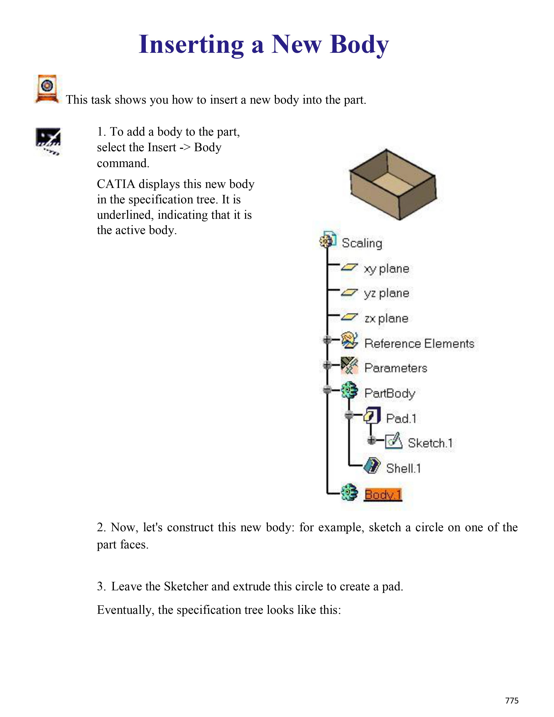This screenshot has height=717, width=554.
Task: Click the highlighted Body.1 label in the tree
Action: [x=383, y=495]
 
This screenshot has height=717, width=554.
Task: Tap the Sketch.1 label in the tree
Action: [x=430, y=443]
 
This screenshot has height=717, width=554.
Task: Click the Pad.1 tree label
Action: [x=401, y=419]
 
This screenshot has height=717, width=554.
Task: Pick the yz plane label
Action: [x=386, y=293]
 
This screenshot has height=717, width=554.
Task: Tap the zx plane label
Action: [x=386, y=319]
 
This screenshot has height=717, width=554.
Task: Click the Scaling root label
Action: [x=362, y=243]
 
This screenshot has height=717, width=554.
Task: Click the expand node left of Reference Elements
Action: [x=327, y=340]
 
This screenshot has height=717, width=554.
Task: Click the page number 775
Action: [x=512, y=700]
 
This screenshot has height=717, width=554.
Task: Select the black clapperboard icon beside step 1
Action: [x=48, y=141]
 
